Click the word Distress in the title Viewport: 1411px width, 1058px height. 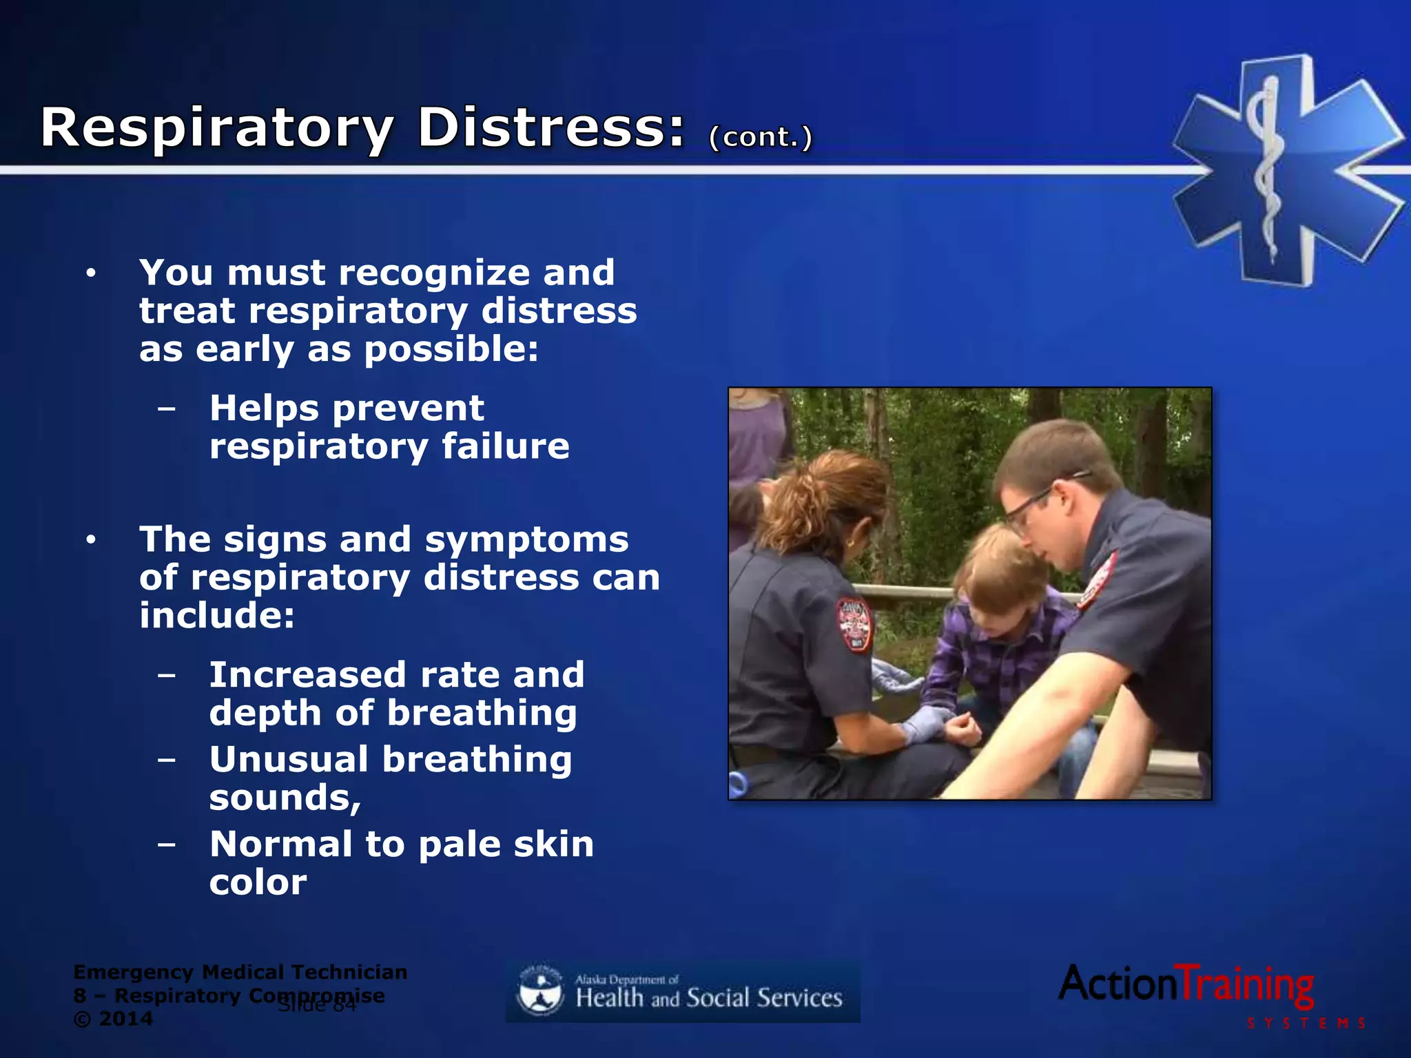pyautogui.click(x=551, y=128)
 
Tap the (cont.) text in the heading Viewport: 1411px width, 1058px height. pyautogui.click(x=761, y=136)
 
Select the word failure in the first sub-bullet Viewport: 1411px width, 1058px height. pyautogui.click(x=505, y=446)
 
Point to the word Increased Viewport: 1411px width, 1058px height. pyautogui.click(x=308, y=674)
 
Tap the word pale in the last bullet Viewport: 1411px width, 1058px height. pyautogui.click(x=459, y=844)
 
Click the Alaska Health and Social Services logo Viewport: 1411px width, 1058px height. pyautogui.click(x=683, y=992)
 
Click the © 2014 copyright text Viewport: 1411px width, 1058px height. pyautogui.click(x=113, y=1019)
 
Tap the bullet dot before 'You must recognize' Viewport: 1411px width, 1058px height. pyautogui.click(x=91, y=273)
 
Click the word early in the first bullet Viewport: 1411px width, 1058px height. pyautogui.click(x=245, y=349)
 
